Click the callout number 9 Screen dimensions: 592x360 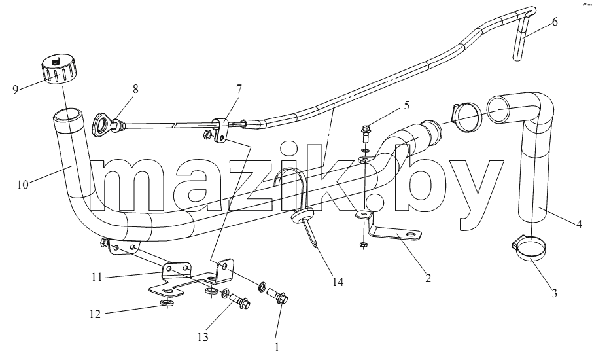(x=16, y=90)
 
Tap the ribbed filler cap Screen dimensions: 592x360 (x=60, y=69)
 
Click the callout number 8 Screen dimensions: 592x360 (x=135, y=89)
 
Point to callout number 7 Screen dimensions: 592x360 (x=239, y=89)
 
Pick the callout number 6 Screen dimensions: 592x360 (x=554, y=22)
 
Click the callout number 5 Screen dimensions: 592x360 (x=406, y=105)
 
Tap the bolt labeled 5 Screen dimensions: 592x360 (x=366, y=134)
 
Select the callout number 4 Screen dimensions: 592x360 (x=579, y=224)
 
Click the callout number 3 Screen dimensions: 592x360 (x=554, y=293)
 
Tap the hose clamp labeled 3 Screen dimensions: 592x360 (x=529, y=248)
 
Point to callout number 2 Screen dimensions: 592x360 (x=428, y=278)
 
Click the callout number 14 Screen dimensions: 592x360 (x=338, y=282)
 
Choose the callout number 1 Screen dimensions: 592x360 (x=277, y=347)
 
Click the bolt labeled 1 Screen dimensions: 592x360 (x=277, y=295)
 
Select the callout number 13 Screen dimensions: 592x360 (x=203, y=337)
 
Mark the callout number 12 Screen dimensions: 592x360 (x=95, y=314)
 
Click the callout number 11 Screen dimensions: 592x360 (x=97, y=278)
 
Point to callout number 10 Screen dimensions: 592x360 (x=23, y=185)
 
